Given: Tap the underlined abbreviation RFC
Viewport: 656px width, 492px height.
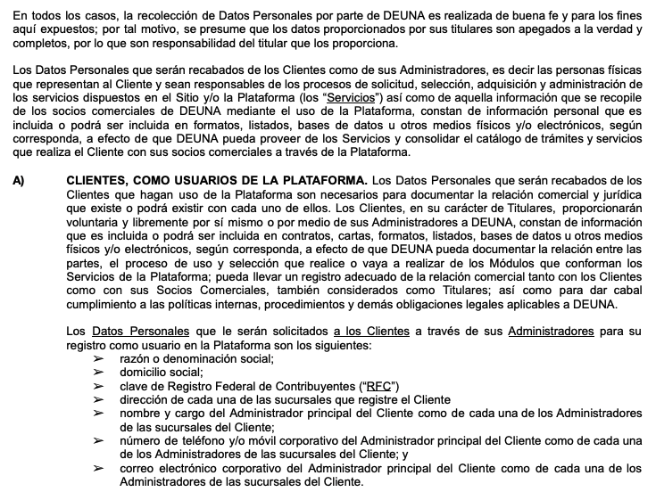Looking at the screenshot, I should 376,386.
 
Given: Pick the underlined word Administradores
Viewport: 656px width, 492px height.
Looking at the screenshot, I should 551,332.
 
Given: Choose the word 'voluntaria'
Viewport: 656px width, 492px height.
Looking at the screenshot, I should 95,221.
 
